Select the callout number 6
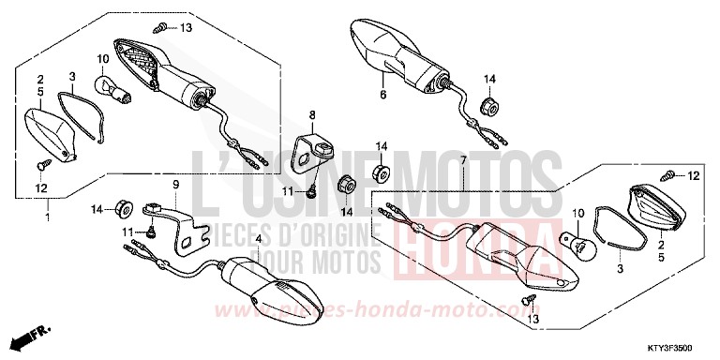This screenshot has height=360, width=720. (x=382, y=95)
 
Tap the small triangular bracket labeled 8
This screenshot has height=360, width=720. (x=315, y=149)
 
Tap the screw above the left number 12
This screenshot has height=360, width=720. (x=42, y=167)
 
